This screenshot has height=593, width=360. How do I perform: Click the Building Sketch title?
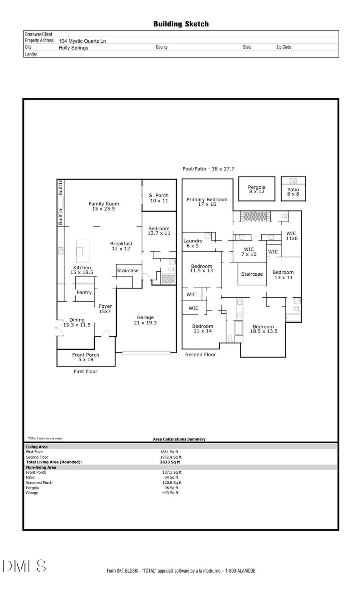[x=181, y=24]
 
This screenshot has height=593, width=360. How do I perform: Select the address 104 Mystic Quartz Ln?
[x=82, y=41]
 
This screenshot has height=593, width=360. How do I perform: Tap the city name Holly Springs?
[x=73, y=48]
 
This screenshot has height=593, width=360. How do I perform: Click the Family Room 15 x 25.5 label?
[x=104, y=206]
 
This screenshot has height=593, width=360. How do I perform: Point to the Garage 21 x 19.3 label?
[x=145, y=320]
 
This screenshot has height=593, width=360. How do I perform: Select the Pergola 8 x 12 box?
[x=257, y=189]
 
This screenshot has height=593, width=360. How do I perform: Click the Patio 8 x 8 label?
[x=293, y=192]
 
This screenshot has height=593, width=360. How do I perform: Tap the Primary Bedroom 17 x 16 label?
[x=207, y=202]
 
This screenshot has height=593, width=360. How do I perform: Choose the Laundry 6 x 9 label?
[x=193, y=243]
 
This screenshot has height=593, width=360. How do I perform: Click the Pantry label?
[x=84, y=292]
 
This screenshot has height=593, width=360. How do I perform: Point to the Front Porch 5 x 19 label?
[x=86, y=357]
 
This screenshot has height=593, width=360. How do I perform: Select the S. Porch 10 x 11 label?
[x=159, y=198]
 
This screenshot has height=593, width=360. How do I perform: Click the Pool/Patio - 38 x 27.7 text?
[x=208, y=169]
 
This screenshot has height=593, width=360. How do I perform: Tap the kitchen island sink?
[x=80, y=252]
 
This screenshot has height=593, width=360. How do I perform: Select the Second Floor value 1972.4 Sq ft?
[x=171, y=457]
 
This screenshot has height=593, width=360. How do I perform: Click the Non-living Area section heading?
[x=41, y=467]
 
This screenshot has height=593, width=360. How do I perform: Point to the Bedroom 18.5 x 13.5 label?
[x=264, y=329]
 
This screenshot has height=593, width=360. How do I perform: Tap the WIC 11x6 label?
[x=292, y=236]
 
